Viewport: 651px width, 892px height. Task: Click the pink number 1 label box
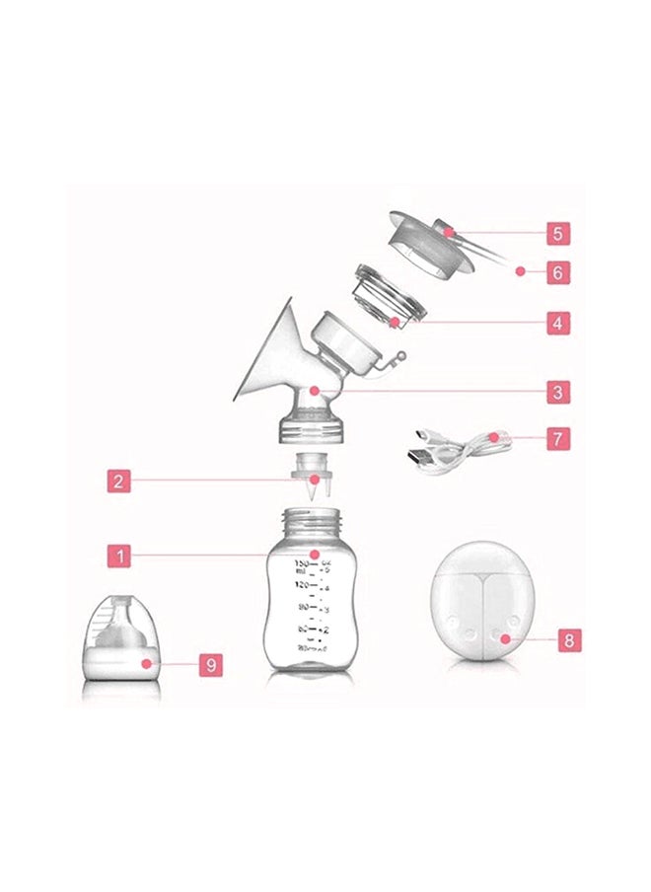(x=118, y=556)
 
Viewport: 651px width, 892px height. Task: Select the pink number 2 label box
(x=118, y=482)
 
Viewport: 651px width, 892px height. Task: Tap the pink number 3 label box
(x=558, y=392)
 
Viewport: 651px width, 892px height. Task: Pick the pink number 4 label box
(x=558, y=322)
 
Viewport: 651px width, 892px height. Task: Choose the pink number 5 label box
(x=558, y=234)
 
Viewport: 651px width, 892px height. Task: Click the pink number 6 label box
(x=558, y=271)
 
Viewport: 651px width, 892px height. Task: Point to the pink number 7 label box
(x=558, y=438)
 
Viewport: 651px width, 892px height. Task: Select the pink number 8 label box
(x=568, y=639)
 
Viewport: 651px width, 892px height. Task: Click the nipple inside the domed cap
(x=123, y=618)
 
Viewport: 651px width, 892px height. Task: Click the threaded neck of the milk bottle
(x=313, y=519)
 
